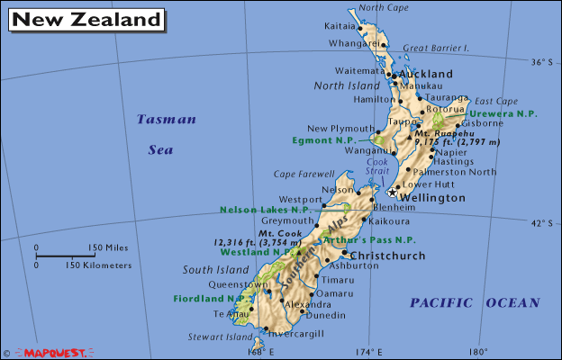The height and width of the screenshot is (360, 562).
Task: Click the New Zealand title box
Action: click(87, 19)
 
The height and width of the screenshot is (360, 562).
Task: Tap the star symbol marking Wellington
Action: click(392, 192)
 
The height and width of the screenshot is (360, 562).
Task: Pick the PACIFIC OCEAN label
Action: click(475, 303)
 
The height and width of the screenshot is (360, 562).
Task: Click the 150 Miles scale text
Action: click(108, 247)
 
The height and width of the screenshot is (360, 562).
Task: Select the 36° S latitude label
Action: click(539, 62)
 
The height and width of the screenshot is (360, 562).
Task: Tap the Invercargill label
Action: click(294, 334)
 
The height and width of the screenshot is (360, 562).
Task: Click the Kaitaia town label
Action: click(339, 26)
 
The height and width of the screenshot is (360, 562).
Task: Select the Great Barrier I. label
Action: click(436, 48)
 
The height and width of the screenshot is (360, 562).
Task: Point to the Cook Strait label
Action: click(377, 167)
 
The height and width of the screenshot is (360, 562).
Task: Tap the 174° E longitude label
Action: click(367, 352)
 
